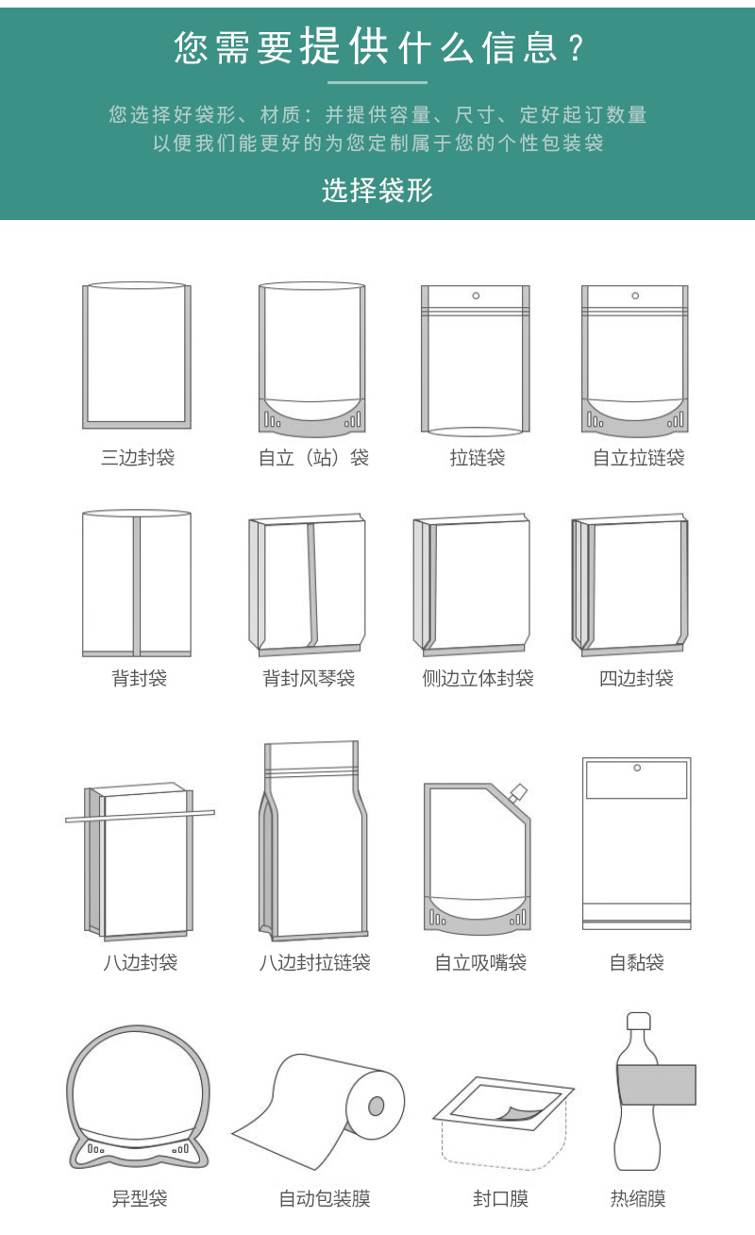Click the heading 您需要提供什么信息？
pos(377,46)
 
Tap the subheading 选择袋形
pos(377,191)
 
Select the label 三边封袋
pos(138,458)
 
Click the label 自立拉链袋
pos(638,458)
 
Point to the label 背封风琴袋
pos(309,678)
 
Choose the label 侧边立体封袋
pos(478,678)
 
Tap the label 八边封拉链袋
pos(314,962)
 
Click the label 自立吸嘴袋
pos(480,962)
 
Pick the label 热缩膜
pos(638,1199)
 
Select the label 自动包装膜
pos(325,1199)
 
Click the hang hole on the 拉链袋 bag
pos(476,296)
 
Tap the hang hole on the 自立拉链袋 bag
pos(636,296)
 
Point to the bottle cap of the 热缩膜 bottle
pos(639,1022)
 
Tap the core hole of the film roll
pos(376,1106)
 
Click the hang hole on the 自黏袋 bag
pos(636,768)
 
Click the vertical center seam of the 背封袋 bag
pos(137,585)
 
